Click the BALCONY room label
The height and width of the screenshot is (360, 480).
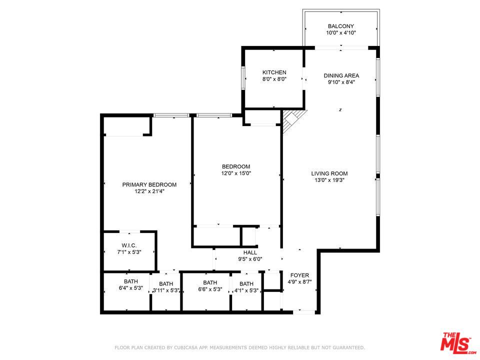click(341, 26)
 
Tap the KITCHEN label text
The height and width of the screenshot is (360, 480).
click(274, 72)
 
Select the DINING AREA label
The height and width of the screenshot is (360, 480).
click(341, 76)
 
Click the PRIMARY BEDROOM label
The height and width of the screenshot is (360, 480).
click(149, 184)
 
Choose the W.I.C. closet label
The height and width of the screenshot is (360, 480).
click(129, 245)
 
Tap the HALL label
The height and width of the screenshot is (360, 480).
click(250, 252)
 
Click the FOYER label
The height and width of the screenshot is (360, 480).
click(299, 275)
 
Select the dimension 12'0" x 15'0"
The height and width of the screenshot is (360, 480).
click(236, 173)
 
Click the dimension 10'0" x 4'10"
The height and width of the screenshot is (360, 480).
click(341, 33)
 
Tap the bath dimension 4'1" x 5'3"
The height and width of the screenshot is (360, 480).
click(246, 290)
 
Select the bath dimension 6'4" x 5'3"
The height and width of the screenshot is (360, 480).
click(131, 288)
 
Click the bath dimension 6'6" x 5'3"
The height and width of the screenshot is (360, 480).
click(210, 289)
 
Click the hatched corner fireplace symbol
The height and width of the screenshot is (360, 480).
click(291, 120)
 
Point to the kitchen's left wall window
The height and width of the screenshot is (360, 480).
click(243, 78)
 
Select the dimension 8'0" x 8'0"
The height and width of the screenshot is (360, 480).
click(274, 79)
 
